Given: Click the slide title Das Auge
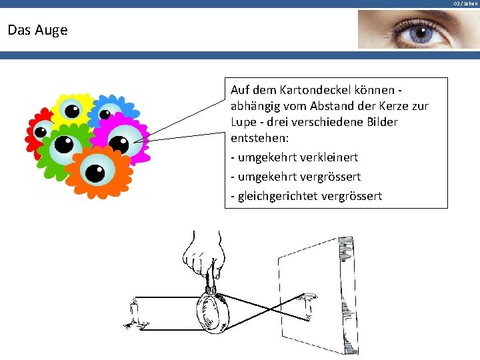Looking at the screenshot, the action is point(37,30).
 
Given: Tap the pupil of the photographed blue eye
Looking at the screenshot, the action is point(421,33).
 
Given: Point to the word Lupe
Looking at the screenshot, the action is point(243,122).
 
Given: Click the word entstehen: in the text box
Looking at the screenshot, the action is point(259,138).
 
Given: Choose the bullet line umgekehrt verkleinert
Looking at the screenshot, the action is point(295,157).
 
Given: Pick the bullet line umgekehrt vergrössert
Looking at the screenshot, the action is point(296,177).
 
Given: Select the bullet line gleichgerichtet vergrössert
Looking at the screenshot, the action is point(307,196).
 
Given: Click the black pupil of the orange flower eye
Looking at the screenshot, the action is point(95,173).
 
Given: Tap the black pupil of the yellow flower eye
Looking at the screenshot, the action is point(72,111).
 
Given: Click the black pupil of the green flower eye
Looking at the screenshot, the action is point(64,145).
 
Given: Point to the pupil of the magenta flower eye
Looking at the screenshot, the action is point(119,145).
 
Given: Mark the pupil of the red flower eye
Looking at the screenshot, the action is point(41,132).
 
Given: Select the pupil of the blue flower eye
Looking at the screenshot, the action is point(105,115).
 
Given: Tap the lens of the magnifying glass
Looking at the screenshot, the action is point(211,312).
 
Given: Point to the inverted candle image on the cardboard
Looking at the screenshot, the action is point(307,307).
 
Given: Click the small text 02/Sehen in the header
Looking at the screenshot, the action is point(465,4).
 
